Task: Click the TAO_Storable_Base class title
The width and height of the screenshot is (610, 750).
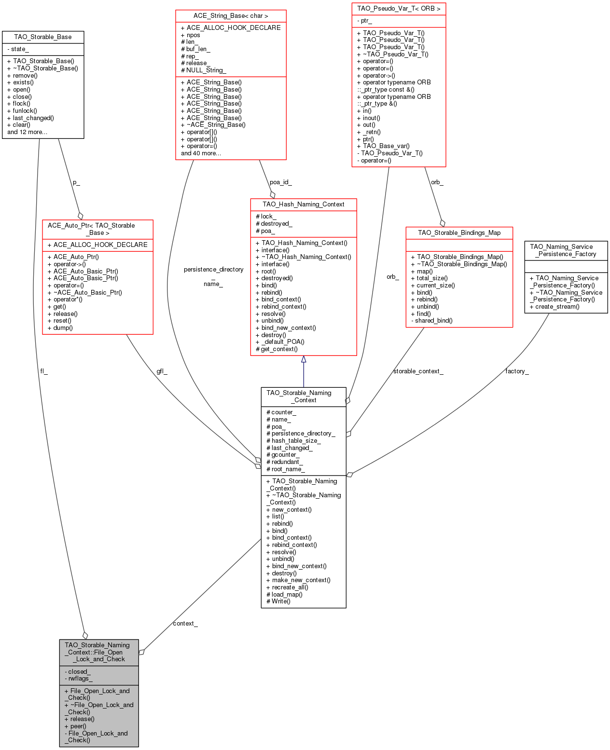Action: [x=42, y=37]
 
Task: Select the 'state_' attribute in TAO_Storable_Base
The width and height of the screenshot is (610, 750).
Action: [x=18, y=49]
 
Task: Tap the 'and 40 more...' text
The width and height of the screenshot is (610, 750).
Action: [x=201, y=153]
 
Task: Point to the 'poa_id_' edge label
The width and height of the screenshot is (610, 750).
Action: [x=281, y=182]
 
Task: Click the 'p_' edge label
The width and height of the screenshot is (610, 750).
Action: [x=76, y=182]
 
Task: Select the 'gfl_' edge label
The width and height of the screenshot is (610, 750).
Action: [x=162, y=371]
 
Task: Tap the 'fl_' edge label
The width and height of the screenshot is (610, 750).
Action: [x=43, y=371]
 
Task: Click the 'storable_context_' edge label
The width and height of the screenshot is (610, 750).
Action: [x=418, y=371]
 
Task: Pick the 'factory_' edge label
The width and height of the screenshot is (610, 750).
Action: [x=517, y=371]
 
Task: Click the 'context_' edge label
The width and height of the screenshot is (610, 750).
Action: [x=185, y=623]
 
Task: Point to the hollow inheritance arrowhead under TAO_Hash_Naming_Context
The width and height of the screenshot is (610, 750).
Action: [x=303, y=359]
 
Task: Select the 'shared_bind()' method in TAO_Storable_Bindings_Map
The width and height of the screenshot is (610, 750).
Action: [x=431, y=320]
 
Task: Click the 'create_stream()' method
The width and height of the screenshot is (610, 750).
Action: [x=555, y=306]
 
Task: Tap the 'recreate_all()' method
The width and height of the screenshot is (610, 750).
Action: [x=287, y=587]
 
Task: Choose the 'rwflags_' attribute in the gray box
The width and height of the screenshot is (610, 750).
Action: [x=79, y=678]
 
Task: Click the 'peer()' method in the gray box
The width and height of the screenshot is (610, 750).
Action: [x=75, y=726]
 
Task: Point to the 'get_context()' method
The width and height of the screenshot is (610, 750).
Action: [x=277, y=349]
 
